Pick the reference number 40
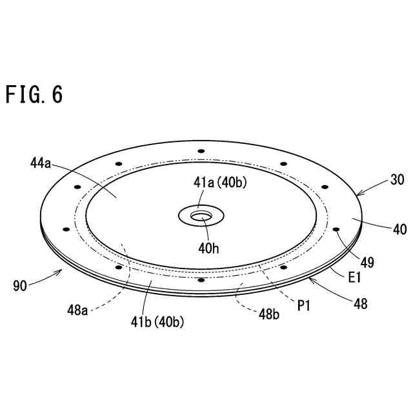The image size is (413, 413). click(399, 229)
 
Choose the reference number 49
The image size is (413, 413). click(367, 263)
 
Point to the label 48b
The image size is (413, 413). click(269, 314)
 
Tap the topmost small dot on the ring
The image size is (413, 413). click(201, 151)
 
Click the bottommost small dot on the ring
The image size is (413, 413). click(201, 279)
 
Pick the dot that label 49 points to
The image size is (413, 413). click(336, 229)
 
